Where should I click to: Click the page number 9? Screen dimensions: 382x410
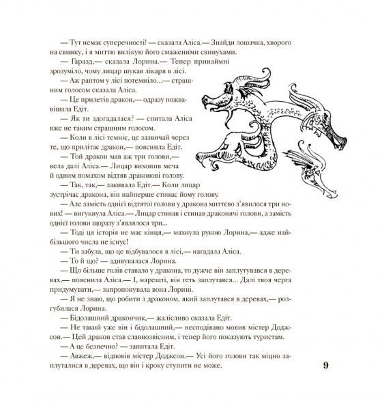pos(325,366)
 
